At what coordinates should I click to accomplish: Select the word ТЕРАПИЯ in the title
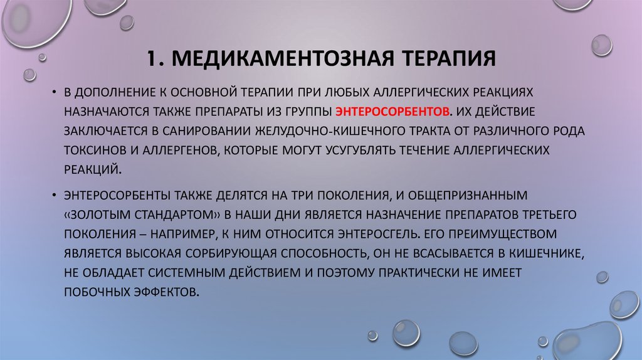coord(439,60)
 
